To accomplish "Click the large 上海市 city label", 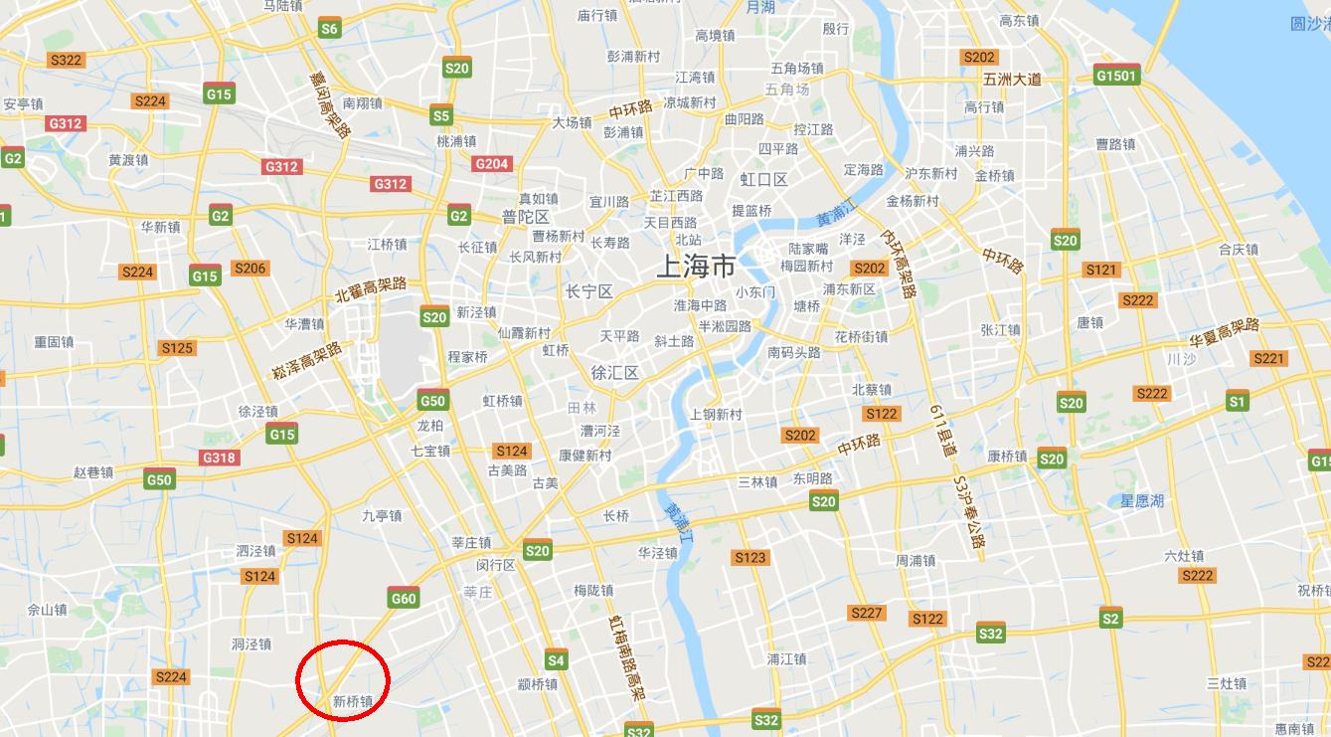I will tap(696, 267).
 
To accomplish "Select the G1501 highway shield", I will tap(1116, 76).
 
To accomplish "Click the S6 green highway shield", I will tap(329, 29).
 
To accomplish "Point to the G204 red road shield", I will tap(492, 164).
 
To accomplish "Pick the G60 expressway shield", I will tap(404, 598).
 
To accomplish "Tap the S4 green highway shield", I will tap(556, 660).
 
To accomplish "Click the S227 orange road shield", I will tap(866, 613).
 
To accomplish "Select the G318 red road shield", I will tap(219, 458).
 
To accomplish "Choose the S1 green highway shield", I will tap(1237, 402).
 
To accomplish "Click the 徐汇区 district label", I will tap(614, 373).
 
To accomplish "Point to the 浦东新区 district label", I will tap(849, 289).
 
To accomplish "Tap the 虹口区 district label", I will tap(763, 179).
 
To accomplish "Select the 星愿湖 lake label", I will tap(1142, 501).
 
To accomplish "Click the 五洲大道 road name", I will tap(1012, 80).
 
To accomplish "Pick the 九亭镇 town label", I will tap(382, 515).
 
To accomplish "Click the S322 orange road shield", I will tap(66, 60).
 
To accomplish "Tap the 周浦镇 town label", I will tap(915, 561).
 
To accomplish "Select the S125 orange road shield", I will tap(177, 347).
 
